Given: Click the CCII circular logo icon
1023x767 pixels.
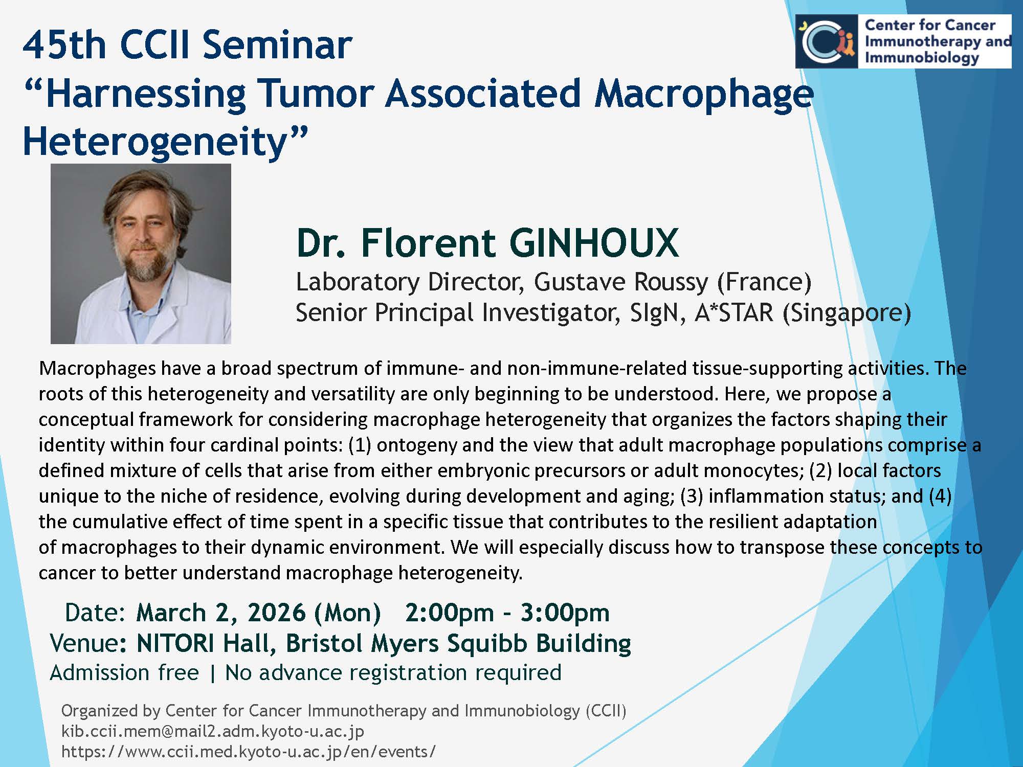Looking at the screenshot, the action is pyautogui.click(x=827, y=41).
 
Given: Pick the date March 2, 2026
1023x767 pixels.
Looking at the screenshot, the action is pyautogui.click(x=221, y=613).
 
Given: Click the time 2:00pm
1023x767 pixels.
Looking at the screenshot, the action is pyautogui.click(x=450, y=613).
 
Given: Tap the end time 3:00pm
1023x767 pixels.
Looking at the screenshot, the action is pyautogui.click(x=565, y=613).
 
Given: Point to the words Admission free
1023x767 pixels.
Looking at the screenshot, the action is pyautogui.click(x=124, y=673).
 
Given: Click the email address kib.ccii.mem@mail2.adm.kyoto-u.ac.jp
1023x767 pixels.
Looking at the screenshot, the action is pyautogui.click(x=213, y=732).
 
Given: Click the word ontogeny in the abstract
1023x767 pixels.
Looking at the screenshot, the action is pyautogui.click(x=416, y=445).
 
